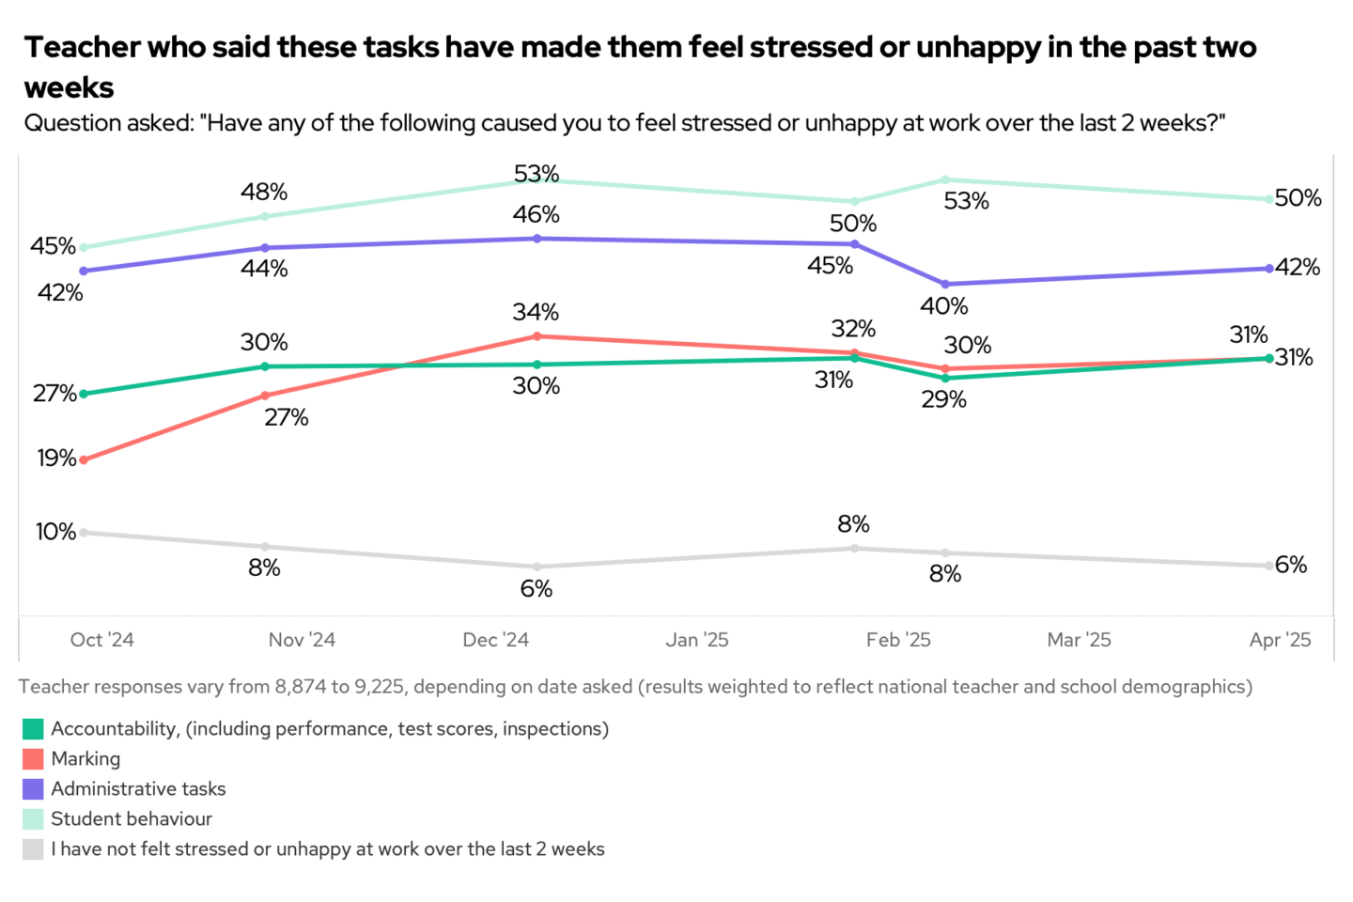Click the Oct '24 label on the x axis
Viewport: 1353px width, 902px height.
point(101,640)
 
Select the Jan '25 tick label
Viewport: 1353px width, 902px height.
point(697,640)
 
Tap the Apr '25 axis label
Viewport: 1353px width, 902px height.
point(1280,640)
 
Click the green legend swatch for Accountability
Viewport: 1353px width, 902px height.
point(33,729)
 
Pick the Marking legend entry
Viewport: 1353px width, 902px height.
point(86,759)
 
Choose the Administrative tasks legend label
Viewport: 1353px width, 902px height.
point(138,789)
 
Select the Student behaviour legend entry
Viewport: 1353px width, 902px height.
point(132,819)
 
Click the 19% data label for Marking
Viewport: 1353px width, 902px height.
point(56,459)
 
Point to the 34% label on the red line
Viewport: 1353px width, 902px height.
point(536,312)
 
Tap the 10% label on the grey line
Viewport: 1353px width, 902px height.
point(55,532)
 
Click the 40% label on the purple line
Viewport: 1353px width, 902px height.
point(943,306)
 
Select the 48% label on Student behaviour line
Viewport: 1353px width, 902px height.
point(264,193)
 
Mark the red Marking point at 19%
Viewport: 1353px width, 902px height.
point(84,460)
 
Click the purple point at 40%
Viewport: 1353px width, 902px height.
point(945,285)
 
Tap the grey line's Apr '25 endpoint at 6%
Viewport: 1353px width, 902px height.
point(1269,566)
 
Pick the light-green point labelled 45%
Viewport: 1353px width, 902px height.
point(84,248)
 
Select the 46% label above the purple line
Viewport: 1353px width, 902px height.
point(536,215)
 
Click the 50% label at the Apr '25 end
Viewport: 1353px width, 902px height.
point(1299,198)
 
